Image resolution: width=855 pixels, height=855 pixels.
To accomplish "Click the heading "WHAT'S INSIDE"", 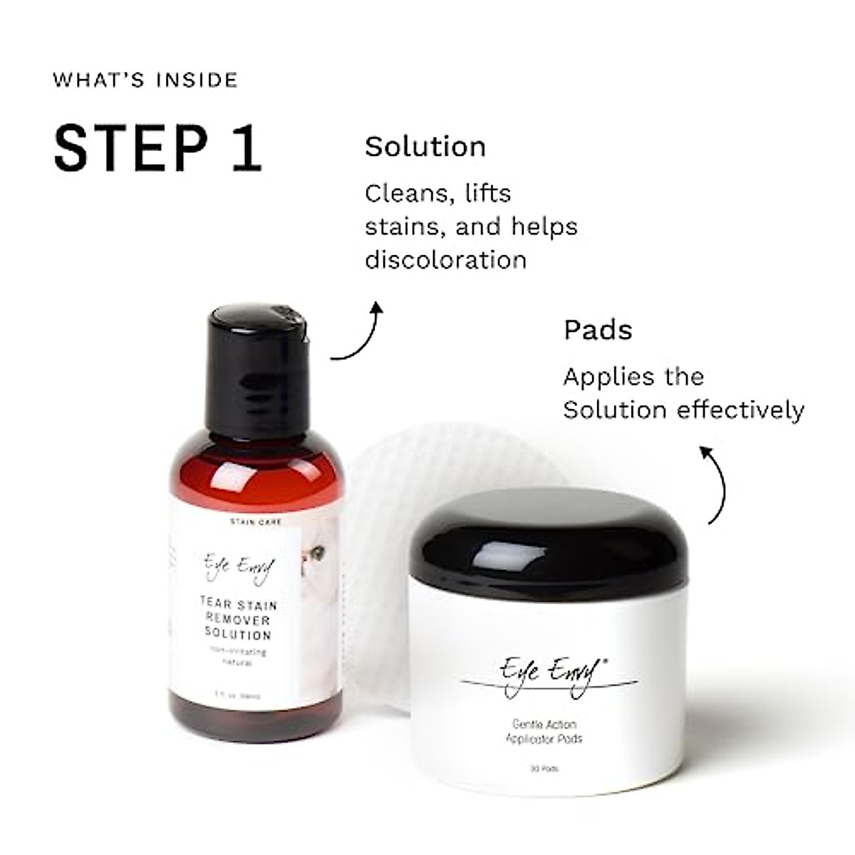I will point(145,79).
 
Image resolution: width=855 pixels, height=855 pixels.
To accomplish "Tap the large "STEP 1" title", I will point(157,148).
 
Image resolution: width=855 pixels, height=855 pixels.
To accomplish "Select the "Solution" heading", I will point(425,147).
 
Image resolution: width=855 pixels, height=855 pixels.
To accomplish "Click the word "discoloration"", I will point(446,259).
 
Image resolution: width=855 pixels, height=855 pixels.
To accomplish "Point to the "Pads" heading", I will point(598,330).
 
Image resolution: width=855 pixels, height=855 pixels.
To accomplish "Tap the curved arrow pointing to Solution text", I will point(361,332).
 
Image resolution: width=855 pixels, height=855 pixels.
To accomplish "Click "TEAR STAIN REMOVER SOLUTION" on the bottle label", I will point(238,620).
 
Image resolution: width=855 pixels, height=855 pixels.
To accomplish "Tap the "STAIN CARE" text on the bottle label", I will point(256,522).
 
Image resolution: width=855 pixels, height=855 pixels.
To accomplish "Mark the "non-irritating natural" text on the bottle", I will point(238,657).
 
